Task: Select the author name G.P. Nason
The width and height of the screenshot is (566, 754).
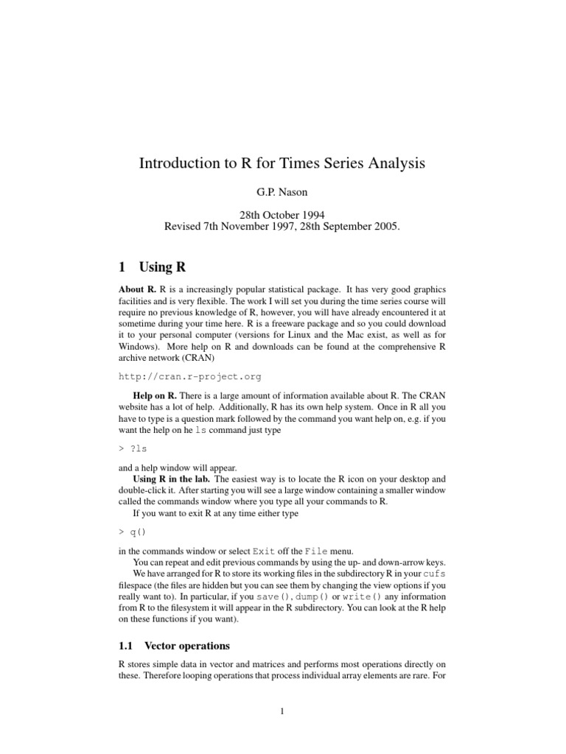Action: pyautogui.click(x=282, y=192)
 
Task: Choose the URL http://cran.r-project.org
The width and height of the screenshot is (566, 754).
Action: pyautogui.click(x=190, y=376)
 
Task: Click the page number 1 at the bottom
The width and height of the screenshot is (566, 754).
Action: pyautogui.click(x=282, y=711)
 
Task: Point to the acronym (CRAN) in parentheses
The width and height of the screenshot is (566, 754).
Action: pyautogui.click(x=172, y=359)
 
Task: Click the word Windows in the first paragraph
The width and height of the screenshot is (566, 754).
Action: pyautogui.click(x=139, y=345)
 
